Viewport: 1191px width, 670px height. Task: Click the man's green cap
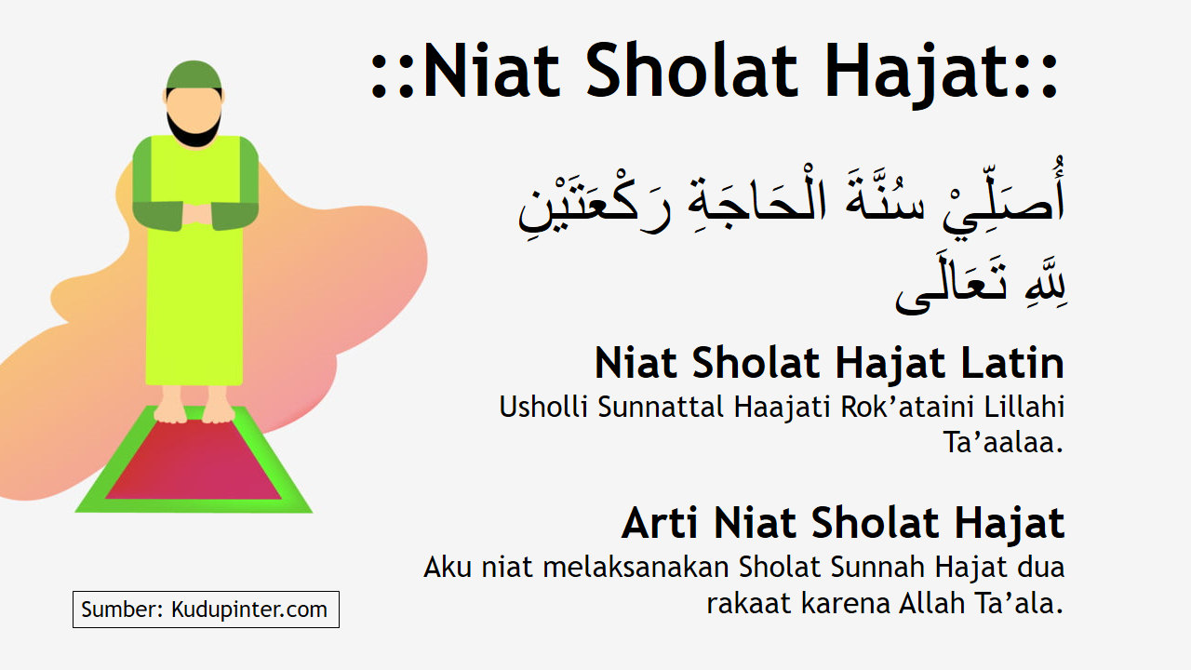click(194, 74)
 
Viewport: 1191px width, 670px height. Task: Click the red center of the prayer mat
click(194, 461)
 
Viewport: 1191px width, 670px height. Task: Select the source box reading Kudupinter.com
click(206, 610)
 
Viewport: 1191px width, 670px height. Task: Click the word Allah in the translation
click(933, 603)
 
